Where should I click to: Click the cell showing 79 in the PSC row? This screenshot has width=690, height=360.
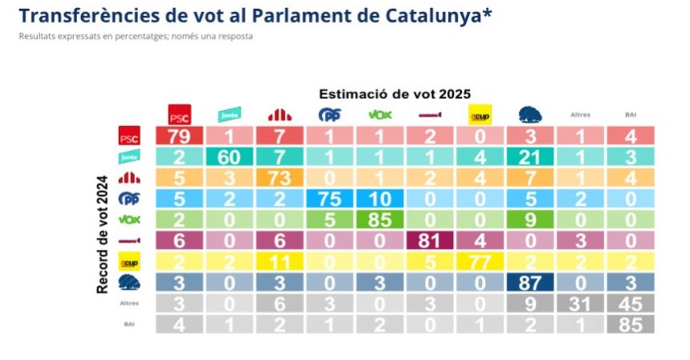[x=179, y=137]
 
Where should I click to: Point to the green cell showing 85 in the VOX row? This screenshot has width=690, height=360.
[x=380, y=219]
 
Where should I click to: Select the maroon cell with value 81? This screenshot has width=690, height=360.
[x=431, y=240]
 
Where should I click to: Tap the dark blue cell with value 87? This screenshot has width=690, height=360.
[x=530, y=282]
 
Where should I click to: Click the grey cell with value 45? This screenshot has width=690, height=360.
[x=631, y=303]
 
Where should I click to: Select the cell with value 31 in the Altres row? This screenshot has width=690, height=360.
[x=581, y=303]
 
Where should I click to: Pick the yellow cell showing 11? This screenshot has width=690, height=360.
[x=280, y=261]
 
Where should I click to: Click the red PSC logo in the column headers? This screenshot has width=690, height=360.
[x=179, y=115]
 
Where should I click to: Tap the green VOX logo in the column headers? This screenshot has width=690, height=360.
[x=380, y=114]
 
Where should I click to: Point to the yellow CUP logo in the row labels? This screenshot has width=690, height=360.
[x=129, y=262]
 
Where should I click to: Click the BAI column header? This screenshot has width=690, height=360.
[x=631, y=115]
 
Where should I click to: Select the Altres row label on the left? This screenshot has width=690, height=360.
[x=129, y=304]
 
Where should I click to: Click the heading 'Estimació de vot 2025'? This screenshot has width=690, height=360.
[x=394, y=93]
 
